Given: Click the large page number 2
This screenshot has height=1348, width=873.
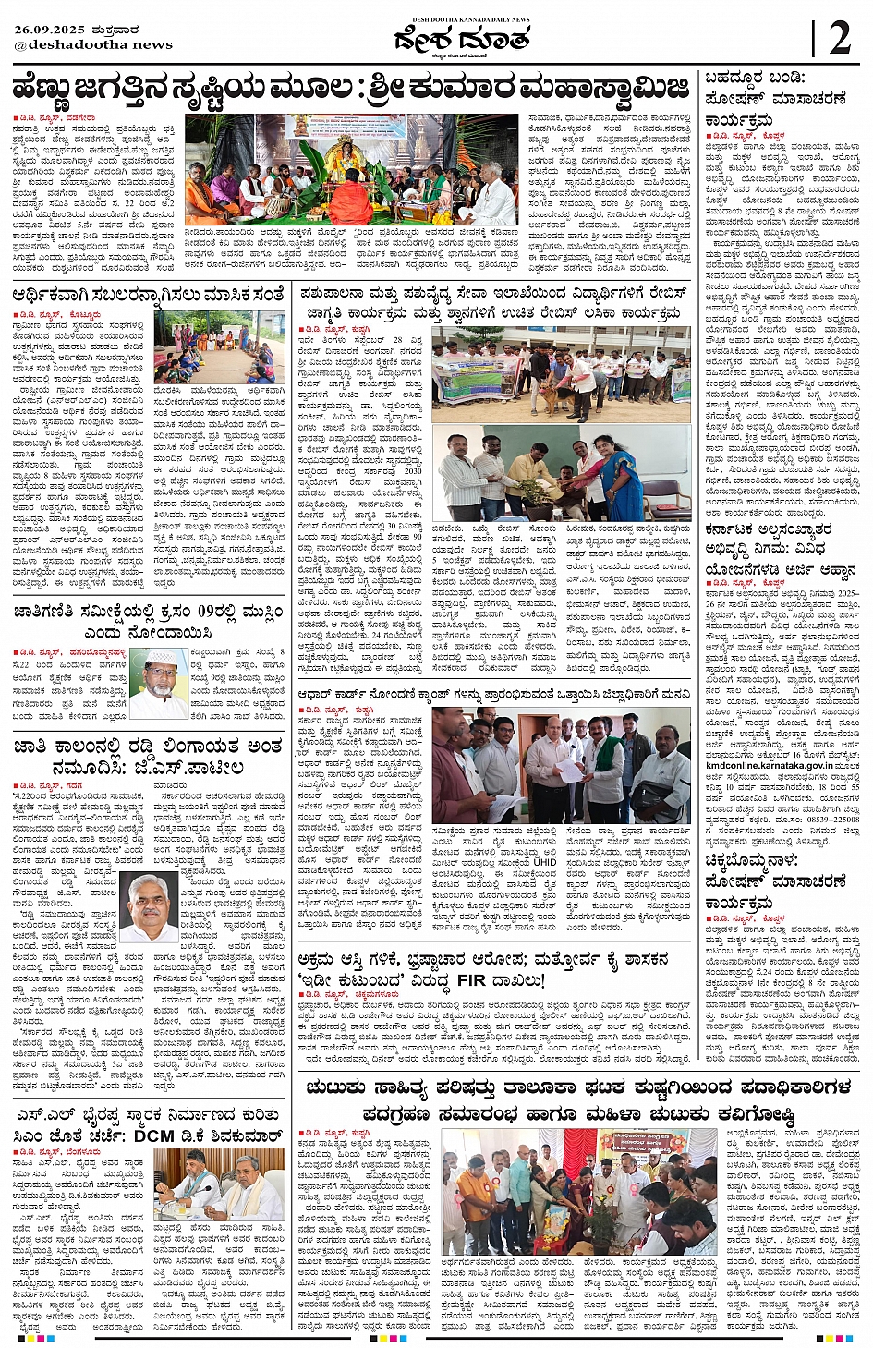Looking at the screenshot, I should (839, 39).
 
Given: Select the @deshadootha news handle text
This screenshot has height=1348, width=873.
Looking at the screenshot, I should (92, 44).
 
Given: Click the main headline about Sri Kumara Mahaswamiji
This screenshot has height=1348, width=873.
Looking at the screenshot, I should (351, 89).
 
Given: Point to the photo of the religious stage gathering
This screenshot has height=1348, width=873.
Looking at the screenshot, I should (351, 170).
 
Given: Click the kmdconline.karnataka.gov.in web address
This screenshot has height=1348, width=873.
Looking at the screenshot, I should (782, 765).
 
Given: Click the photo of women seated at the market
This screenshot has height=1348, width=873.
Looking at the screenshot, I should (220, 346).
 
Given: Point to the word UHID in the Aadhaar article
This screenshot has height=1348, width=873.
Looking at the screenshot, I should (544, 861).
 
